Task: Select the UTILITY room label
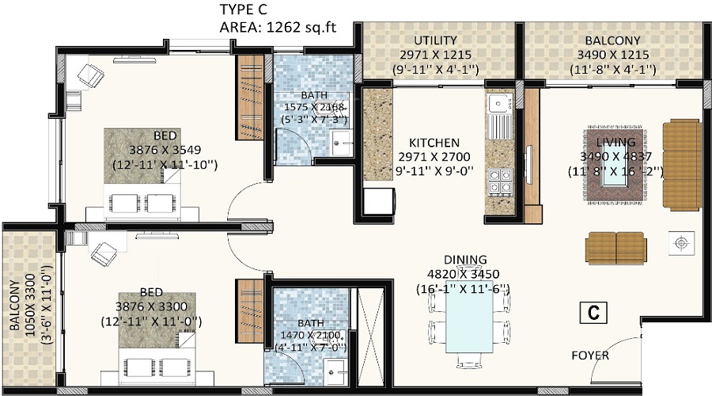[439, 40]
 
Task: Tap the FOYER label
[590, 356]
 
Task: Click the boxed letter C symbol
[591, 312]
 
